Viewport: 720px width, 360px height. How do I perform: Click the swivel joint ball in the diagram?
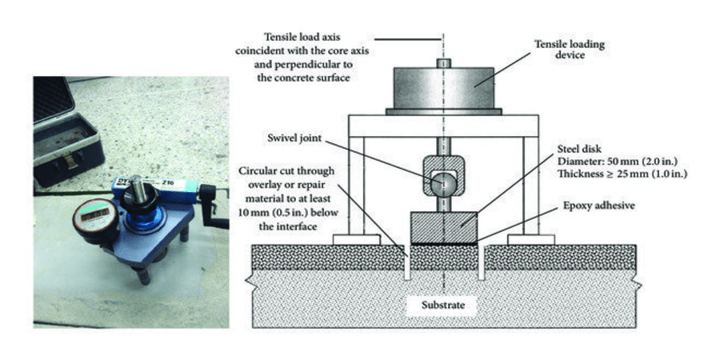coord(442,182)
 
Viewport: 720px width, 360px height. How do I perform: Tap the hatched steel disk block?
coord(443,226)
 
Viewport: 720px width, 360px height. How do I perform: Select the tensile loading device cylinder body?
coord(445,87)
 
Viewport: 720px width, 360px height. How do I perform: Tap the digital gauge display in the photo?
coord(94,214)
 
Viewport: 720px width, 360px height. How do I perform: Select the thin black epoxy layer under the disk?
coord(443,242)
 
